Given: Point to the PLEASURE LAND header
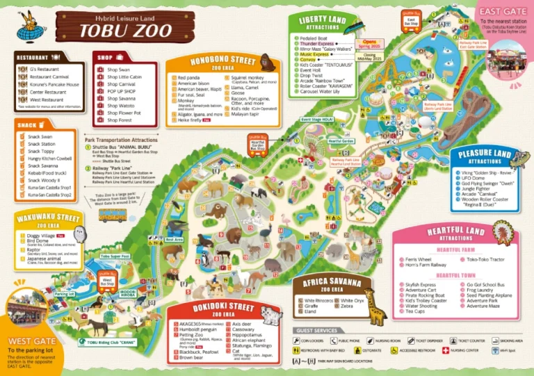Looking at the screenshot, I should (484, 154).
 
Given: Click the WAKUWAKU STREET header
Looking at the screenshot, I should (44, 217).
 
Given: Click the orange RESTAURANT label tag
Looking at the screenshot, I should (32, 57).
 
